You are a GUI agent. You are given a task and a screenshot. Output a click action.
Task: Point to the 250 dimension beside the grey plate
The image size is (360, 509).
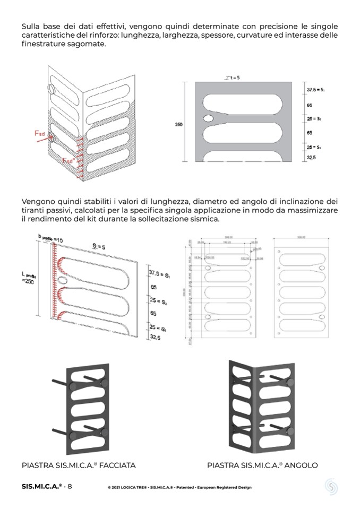[x=179, y=124]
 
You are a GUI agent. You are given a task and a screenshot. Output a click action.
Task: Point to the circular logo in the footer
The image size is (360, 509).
[x=331, y=487]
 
